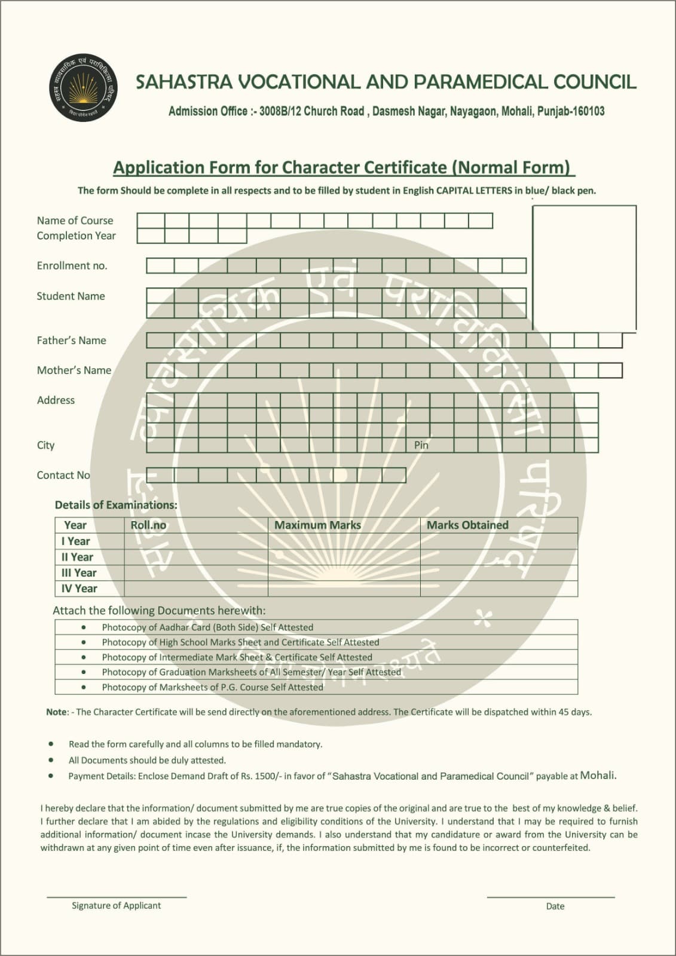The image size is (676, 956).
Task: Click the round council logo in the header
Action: (x=83, y=87)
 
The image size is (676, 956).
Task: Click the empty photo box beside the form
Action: (x=584, y=267)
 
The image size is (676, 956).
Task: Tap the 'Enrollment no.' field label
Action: (x=72, y=266)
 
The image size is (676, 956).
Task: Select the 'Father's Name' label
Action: (x=71, y=341)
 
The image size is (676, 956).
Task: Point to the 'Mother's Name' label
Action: (x=74, y=370)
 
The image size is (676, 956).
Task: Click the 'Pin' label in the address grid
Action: (x=421, y=445)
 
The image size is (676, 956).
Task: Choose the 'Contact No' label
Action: (x=63, y=475)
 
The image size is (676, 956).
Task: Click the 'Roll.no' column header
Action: (x=148, y=525)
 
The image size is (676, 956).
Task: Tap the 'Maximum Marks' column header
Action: (x=317, y=525)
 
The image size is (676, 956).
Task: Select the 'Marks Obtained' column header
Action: (x=467, y=525)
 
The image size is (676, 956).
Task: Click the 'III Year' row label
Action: (x=78, y=572)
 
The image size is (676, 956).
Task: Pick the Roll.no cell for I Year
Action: (x=196, y=541)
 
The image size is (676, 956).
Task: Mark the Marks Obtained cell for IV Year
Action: (x=498, y=589)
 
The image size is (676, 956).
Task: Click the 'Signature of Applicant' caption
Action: (x=116, y=905)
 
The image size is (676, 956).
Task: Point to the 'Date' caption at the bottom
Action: (x=555, y=906)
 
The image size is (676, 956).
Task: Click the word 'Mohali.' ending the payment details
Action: (x=598, y=776)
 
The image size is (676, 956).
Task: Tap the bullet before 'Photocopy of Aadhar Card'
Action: (x=84, y=627)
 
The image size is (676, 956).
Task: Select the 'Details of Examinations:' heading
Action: (x=116, y=505)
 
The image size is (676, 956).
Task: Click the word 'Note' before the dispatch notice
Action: (x=57, y=712)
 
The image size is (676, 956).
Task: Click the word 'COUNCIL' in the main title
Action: (x=595, y=82)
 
